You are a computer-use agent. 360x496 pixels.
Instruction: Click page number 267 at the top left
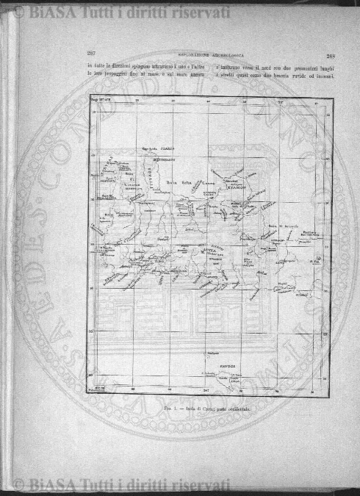tap(92, 54)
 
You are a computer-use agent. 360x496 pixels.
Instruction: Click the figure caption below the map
tap(210, 407)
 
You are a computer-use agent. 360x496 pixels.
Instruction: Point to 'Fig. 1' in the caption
tap(169, 407)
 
